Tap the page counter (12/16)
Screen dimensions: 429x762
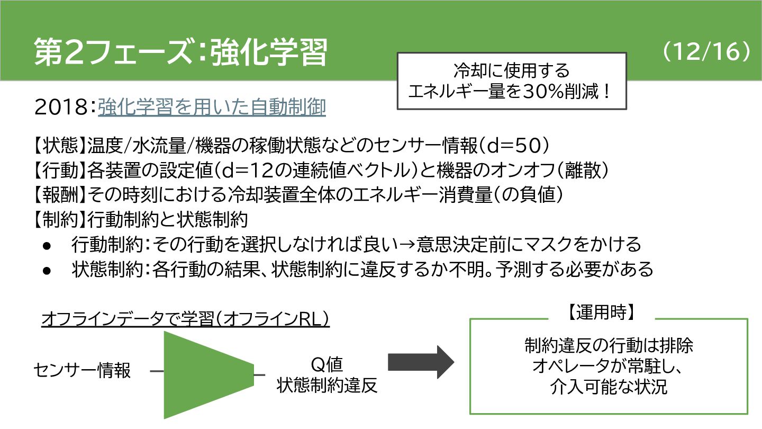tap(706, 51)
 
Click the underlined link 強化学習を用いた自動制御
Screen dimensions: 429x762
tap(212, 108)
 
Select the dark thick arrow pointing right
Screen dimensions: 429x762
tap(421, 363)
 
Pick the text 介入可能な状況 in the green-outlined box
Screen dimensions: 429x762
tap(609, 387)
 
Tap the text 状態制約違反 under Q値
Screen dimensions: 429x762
tap(327, 386)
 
